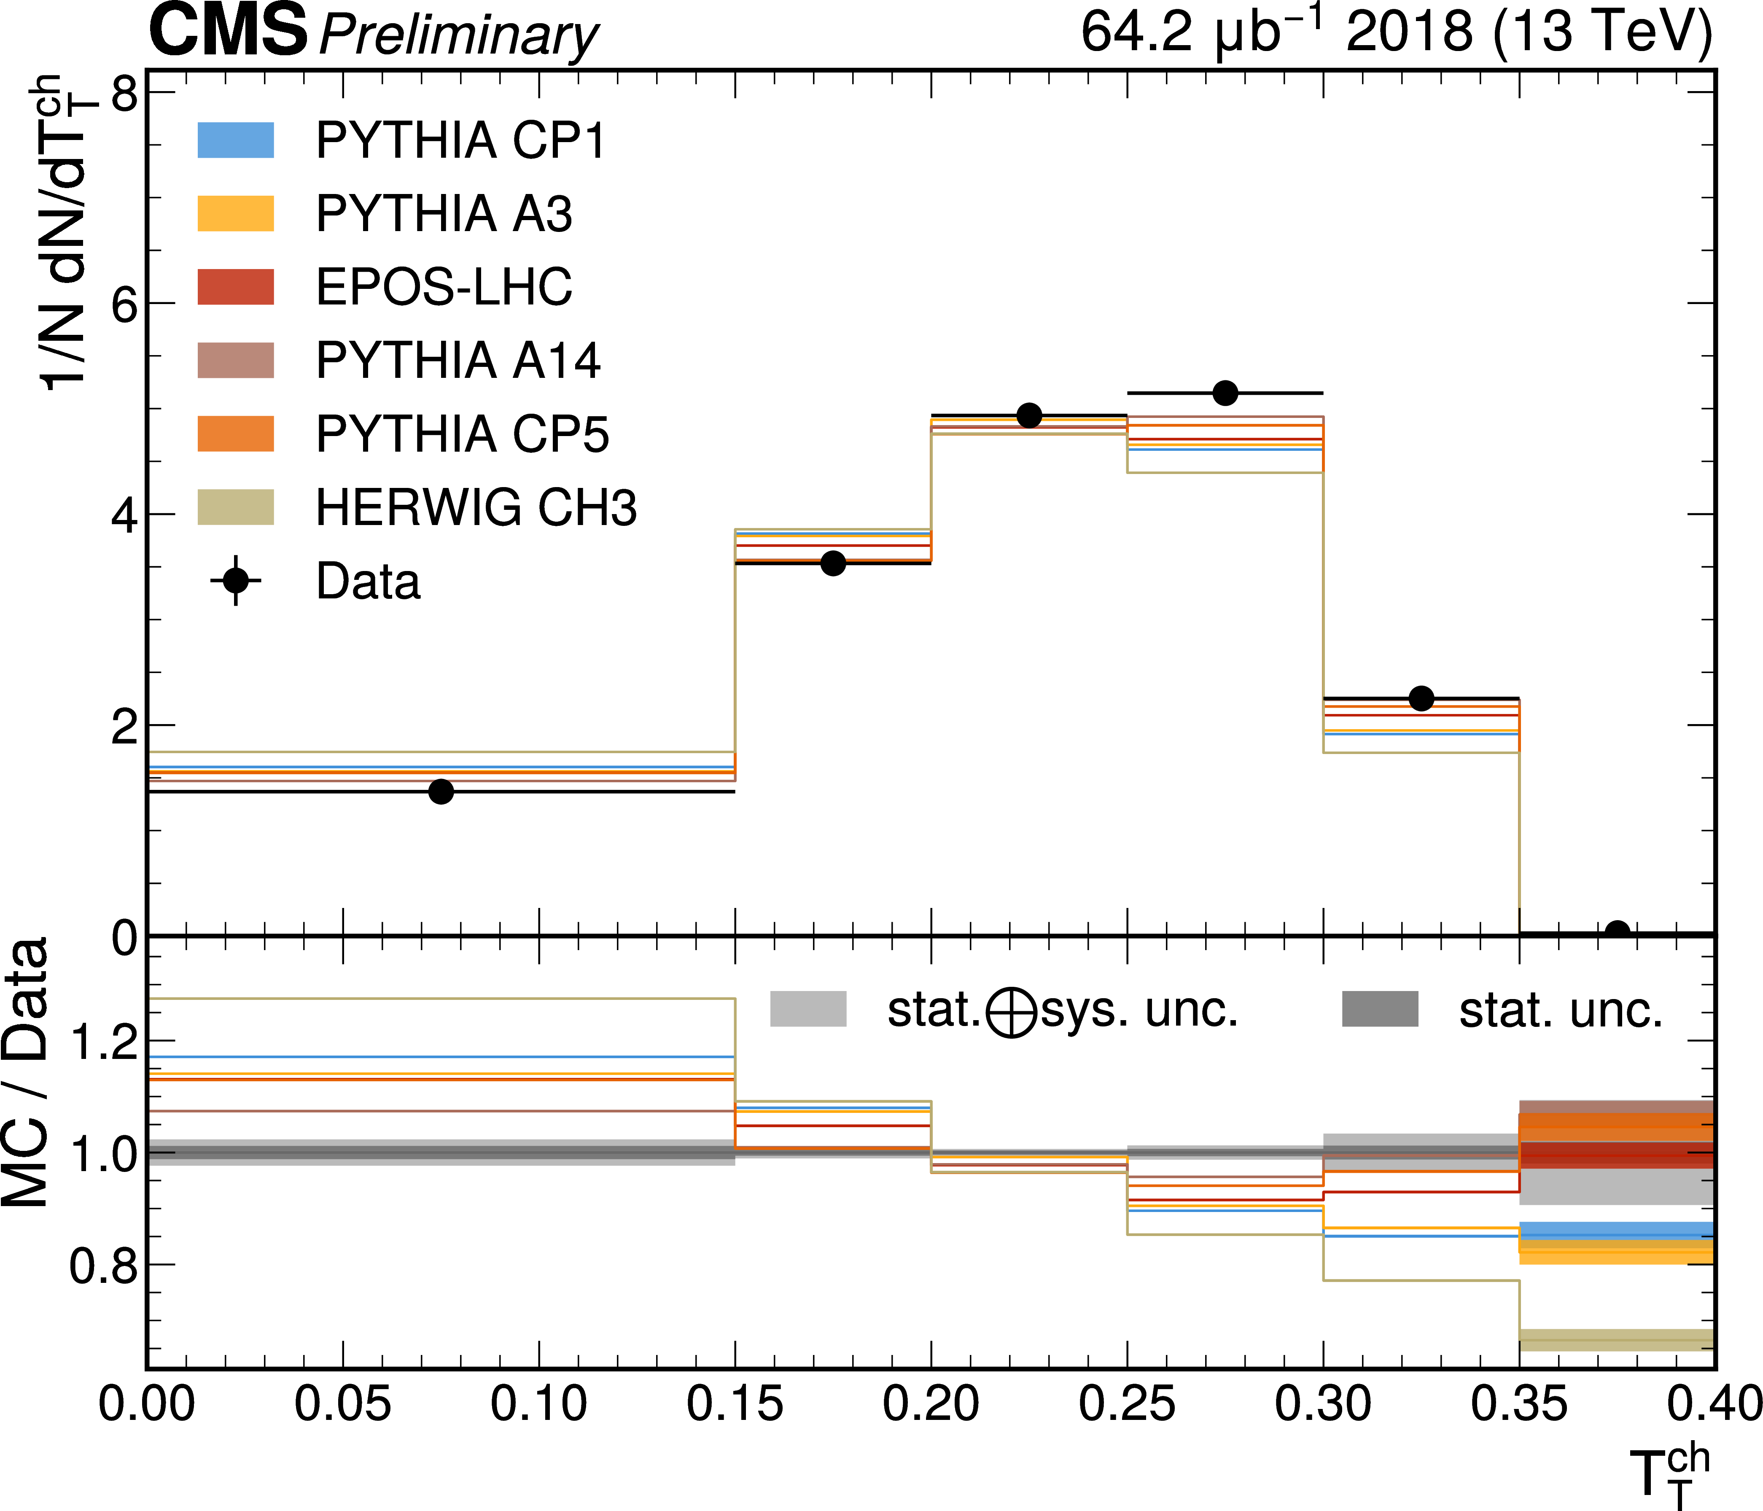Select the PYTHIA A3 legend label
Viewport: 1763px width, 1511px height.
[x=443, y=213]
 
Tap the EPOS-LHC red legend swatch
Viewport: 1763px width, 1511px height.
[x=236, y=287]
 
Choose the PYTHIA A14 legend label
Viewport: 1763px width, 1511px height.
[x=458, y=361]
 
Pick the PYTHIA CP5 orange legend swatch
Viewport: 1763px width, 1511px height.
[x=236, y=434]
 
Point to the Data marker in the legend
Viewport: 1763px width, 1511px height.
[x=236, y=581]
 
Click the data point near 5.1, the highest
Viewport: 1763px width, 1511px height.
[x=1225, y=393]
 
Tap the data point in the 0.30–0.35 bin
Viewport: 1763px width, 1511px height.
[x=1421, y=698]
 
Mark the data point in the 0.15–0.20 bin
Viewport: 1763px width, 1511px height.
[x=833, y=563]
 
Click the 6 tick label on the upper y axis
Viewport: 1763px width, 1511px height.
[x=124, y=304]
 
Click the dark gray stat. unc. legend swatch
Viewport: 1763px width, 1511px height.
[x=1380, y=1009]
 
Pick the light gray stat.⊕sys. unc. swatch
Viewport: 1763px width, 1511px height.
[x=808, y=1009]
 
